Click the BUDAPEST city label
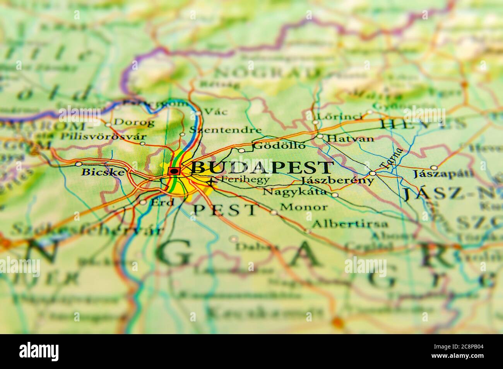coord(262,168)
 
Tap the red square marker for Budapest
coord(175,171)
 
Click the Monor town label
coord(303,207)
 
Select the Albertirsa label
coord(349,223)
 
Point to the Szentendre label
coord(225,130)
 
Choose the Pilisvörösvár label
coord(103,136)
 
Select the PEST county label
coord(225,210)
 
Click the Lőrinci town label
coord(340,117)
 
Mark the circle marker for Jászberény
coord(372,173)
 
